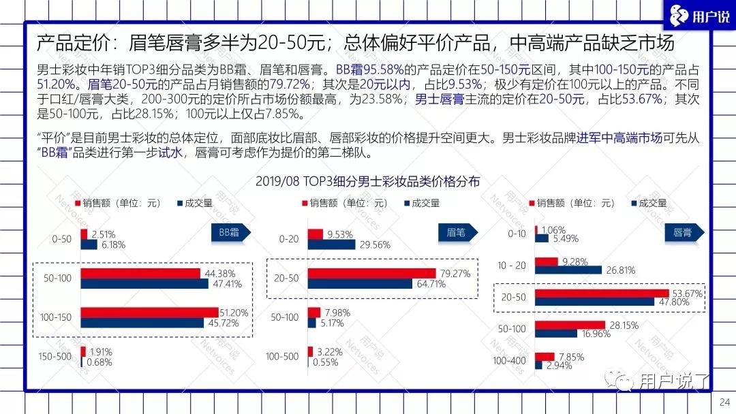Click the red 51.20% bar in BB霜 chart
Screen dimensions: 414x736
(149, 313)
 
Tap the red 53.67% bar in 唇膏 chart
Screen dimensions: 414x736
(601, 293)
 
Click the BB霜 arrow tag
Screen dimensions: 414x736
(230, 233)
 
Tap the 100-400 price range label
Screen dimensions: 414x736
(510, 360)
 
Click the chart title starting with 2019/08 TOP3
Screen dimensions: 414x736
(368, 182)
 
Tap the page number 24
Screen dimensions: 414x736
(725, 402)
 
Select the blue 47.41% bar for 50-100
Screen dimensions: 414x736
(144, 284)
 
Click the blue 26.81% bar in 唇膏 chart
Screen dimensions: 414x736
(568, 270)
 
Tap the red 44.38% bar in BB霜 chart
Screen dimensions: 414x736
(140, 274)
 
